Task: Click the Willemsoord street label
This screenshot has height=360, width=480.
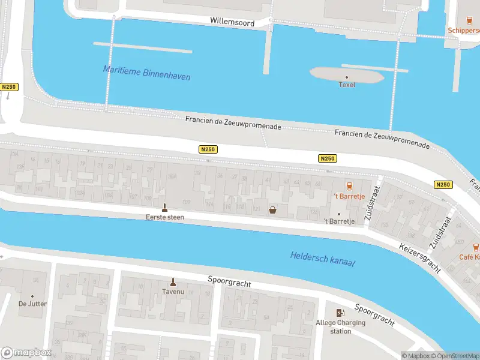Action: (x=232, y=22)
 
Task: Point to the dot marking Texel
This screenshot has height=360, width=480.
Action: (x=347, y=77)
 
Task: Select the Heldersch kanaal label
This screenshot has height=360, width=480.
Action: (x=322, y=259)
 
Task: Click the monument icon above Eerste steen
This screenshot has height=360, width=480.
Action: (x=164, y=208)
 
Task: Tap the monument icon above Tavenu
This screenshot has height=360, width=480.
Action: (x=173, y=282)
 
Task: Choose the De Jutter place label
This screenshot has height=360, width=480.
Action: (x=32, y=304)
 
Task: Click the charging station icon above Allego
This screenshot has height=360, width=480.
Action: (x=340, y=313)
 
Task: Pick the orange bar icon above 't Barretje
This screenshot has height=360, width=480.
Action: (x=349, y=186)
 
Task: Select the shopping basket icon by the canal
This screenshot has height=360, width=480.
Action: (x=273, y=210)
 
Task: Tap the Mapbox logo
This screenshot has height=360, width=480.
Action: (x=25, y=352)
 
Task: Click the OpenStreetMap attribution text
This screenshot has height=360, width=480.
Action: (x=454, y=356)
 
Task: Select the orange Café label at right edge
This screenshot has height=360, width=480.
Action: (x=469, y=257)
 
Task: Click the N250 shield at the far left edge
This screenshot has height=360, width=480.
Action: (x=9, y=87)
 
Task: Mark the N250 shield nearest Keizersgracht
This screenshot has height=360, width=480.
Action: (x=443, y=185)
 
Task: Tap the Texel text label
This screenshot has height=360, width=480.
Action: (x=347, y=85)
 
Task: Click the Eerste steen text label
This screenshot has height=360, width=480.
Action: (x=164, y=217)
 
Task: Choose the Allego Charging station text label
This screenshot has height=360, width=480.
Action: (x=340, y=327)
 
